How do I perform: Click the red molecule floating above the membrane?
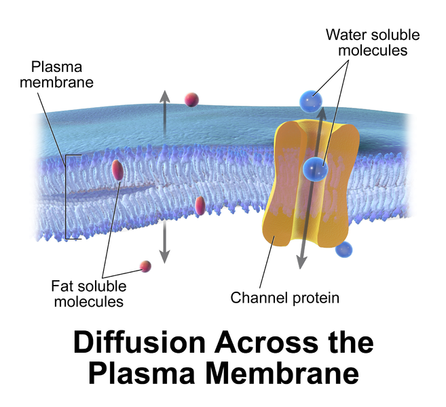point(192,100)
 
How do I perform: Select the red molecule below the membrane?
point(145,266)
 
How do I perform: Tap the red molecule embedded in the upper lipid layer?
point(117,170)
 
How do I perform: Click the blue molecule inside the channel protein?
point(315,168)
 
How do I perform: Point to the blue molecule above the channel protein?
point(309,101)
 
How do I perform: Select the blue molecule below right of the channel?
point(344,249)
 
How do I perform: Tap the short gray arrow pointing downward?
point(164,247)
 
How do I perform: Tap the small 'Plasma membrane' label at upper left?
point(62,75)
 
